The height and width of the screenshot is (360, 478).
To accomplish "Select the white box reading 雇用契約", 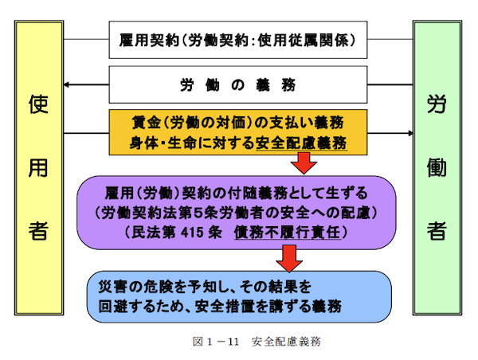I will click(x=238, y=39).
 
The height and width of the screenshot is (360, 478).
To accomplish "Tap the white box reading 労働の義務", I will click(x=238, y=84).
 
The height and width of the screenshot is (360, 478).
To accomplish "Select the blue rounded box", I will click(x=238, y=296).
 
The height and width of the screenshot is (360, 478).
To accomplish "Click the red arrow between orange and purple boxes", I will click(x=304, y=165).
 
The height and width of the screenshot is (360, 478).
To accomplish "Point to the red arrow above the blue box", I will click(x=288, y=257).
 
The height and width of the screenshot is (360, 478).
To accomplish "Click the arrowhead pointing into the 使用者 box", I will click(x=69, y=84).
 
